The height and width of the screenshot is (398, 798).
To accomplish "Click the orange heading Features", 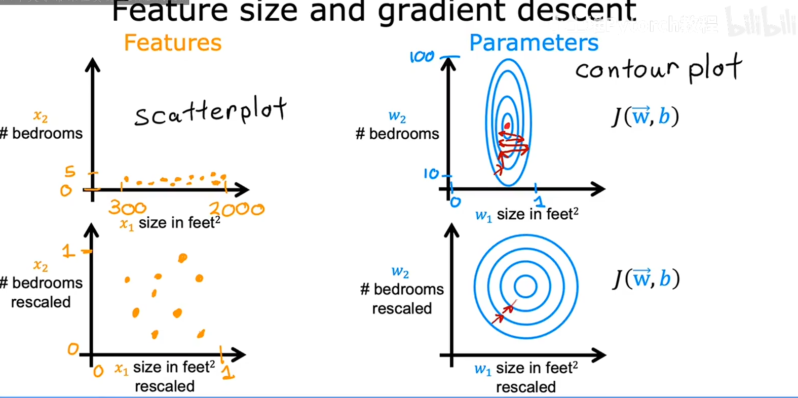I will click(173, 43).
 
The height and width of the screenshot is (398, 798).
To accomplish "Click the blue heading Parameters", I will click(534, 43).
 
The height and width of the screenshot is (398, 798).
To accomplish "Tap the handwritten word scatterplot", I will click(210, 111).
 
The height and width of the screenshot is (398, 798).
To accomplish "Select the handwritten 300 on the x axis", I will click(127, 208).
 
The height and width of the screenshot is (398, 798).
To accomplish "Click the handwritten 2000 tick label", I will click(237, 209).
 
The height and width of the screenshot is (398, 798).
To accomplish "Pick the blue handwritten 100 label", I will click(422, 57).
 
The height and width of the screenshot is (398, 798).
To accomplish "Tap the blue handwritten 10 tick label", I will click(431, 174).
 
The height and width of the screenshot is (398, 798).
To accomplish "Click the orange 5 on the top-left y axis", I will click(70, 172).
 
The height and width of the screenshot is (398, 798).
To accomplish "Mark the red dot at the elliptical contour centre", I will click(507, 126).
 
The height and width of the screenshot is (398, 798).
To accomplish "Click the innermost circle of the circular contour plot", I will click(525, 287).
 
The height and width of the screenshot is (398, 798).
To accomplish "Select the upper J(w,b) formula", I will click(645, 117).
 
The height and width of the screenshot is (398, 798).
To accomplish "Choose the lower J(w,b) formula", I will click(646, 279).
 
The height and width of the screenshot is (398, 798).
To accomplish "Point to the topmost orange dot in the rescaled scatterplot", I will click(182, 258).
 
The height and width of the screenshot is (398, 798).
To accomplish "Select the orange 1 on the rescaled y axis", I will click(68, 251).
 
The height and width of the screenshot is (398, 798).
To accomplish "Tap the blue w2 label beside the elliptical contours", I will click(397, 117).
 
